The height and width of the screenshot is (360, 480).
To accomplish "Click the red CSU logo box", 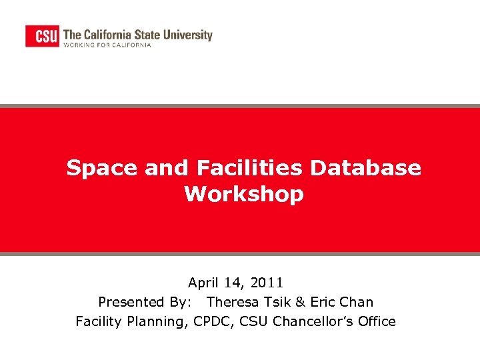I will pyautogui.click(x=42, y=35).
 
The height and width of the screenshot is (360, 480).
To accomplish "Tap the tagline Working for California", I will pyautogui.click(x=107, y=45).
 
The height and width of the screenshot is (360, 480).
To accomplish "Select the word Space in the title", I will pyautogui.click(x=101, y=168).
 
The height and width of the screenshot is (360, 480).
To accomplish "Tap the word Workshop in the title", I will pyautogui.click(x=244, y=195).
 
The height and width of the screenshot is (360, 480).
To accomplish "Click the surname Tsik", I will pyautogui.click(x=280, y=302).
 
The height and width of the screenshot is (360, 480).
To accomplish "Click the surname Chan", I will pyautogui.click(x=358, y=302).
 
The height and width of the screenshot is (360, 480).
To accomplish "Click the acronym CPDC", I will pyautogui.click(x=212, y=321).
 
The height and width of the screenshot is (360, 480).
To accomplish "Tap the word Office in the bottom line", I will pyautogui.click(x=376, y=321).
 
